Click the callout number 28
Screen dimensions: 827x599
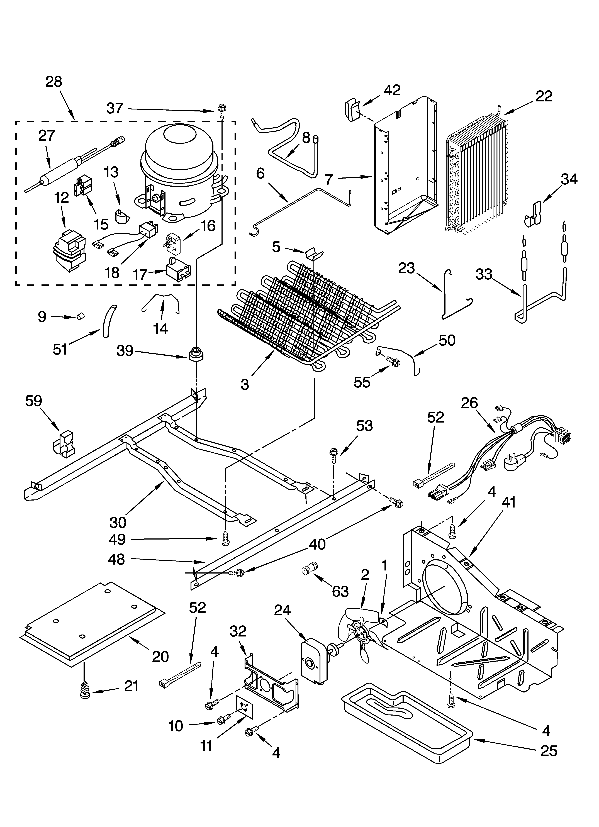[x=54, y=82]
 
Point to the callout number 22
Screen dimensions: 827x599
[x=544, y=96]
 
